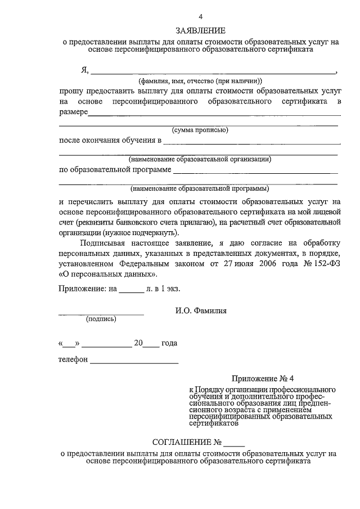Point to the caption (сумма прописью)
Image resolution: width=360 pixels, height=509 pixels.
pos(200,130)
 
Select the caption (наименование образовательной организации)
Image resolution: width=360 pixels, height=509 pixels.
pos(200,159)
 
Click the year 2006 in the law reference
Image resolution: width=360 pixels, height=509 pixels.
pos(271,264)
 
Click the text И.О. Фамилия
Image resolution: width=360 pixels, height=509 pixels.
pos(202,310)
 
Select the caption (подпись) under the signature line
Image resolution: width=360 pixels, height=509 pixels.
pos(101,319)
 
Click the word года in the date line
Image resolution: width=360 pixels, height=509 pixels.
pos(169,343)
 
